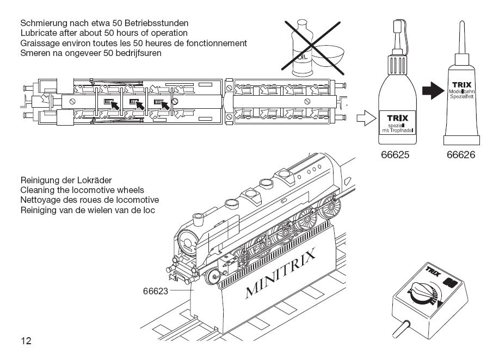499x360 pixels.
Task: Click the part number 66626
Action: pos(461,155)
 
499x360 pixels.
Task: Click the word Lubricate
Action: pos(39,33)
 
